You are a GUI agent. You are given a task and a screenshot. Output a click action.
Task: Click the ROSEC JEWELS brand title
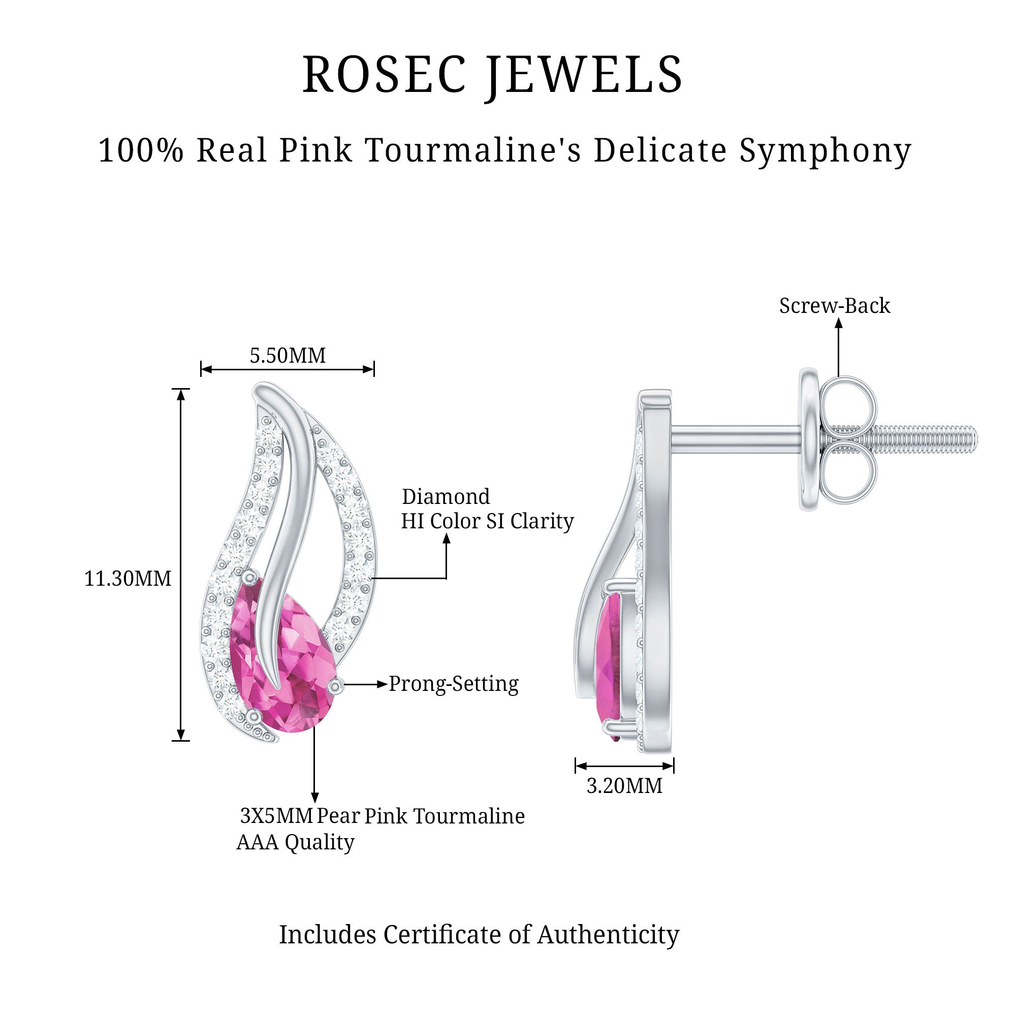492,75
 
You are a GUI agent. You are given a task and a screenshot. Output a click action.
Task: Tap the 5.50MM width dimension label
287,356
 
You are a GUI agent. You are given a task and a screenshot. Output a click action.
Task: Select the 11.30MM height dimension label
128,579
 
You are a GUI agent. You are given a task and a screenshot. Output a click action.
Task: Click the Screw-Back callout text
835,306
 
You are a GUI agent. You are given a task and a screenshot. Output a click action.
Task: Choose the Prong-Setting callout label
453,684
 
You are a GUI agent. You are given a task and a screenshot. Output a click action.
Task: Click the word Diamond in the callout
446,496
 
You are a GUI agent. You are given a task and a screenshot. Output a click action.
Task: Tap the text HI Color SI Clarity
487,521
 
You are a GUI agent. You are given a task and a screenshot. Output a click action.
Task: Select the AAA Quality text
295,842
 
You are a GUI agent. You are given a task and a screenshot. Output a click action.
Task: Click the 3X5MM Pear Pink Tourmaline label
383,816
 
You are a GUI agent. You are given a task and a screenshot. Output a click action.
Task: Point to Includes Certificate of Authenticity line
479,935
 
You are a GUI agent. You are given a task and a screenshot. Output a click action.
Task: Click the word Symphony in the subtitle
825,150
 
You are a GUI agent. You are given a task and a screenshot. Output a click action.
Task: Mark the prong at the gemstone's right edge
335,686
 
